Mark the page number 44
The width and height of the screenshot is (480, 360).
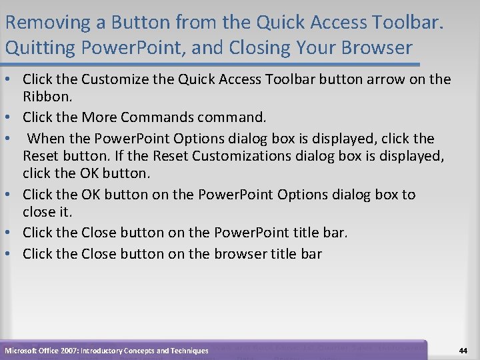click(463, 351)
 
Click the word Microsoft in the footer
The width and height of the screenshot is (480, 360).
click(21, 351)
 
